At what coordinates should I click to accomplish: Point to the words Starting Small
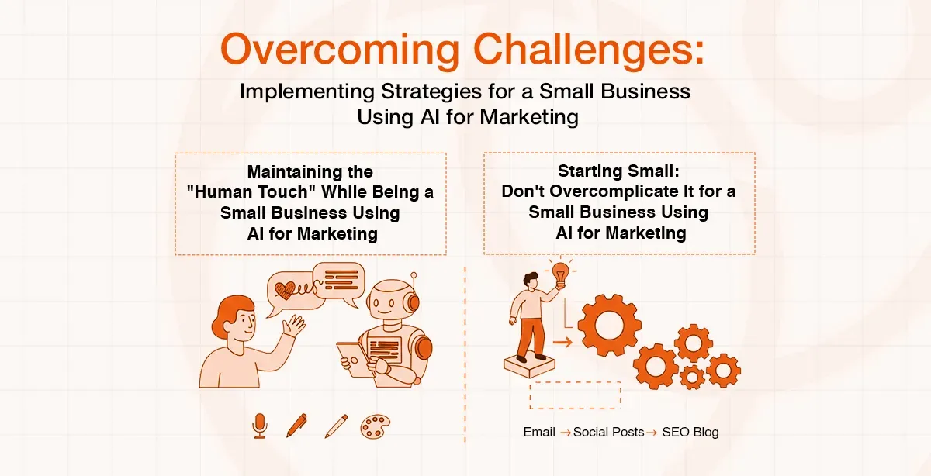coord(618,171)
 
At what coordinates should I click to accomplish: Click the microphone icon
coord(260,425)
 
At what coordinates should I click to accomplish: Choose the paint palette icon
coord(375,426)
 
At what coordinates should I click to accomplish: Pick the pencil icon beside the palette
coord(336,425)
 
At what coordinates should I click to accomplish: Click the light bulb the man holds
coord(559,273)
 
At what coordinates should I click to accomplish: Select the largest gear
coord(609,325)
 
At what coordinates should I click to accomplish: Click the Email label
coord(539,432)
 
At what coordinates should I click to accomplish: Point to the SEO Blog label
coord(690,432)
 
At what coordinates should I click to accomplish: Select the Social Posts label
coord(608,432)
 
